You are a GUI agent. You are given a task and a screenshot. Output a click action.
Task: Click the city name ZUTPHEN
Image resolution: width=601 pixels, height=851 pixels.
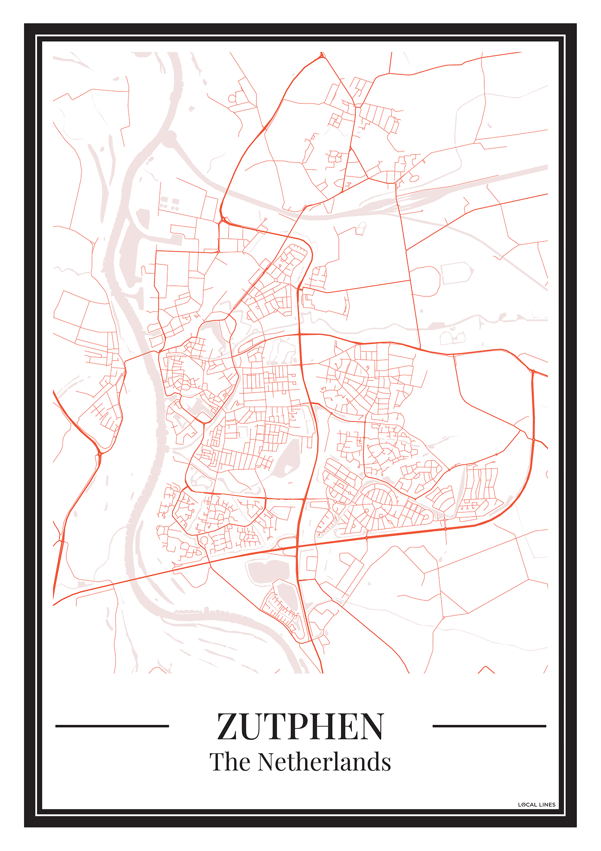300,727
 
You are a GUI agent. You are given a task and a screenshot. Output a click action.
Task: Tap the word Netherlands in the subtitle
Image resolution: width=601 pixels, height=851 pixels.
324,762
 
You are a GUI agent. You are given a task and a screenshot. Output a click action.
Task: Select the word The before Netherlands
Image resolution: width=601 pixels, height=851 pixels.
230,762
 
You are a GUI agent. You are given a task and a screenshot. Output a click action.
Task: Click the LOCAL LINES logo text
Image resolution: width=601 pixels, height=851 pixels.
537,805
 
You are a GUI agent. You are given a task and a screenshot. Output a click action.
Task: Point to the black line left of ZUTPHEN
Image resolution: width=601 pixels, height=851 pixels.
112,726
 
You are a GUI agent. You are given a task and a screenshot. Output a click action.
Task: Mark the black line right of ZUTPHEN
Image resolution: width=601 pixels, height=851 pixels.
489,726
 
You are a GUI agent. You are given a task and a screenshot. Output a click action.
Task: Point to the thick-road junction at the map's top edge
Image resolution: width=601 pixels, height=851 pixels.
322,56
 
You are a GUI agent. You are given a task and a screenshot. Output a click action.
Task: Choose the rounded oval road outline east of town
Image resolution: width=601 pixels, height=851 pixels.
425,281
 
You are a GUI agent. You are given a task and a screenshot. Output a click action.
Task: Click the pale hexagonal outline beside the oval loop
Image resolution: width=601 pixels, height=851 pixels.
457,273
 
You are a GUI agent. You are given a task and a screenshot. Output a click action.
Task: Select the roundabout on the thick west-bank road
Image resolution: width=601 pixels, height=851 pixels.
99,454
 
